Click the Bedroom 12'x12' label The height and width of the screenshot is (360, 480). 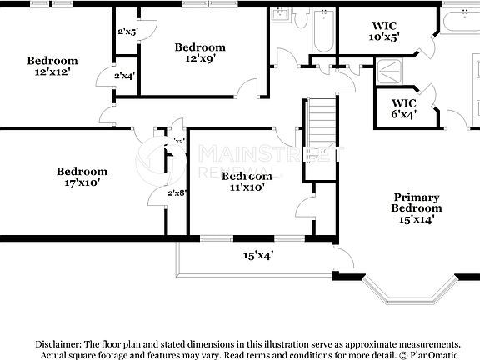[52, 66]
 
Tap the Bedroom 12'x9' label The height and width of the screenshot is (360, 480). [200, 52]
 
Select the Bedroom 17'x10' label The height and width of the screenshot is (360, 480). [82, 177]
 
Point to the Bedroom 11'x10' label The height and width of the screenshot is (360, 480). [247, 182]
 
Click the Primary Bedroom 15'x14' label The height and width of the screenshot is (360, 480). [417, 207]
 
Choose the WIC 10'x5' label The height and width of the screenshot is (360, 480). [385, 32]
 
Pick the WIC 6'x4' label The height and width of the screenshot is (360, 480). [403, 108]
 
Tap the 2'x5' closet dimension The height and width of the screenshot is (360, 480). [127, 32]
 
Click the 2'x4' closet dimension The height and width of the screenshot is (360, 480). [125, 76]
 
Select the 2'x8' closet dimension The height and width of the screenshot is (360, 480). [177, 192]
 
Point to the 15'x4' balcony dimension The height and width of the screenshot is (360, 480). [258, 255]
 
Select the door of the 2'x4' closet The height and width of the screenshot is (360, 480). [103, 77]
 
